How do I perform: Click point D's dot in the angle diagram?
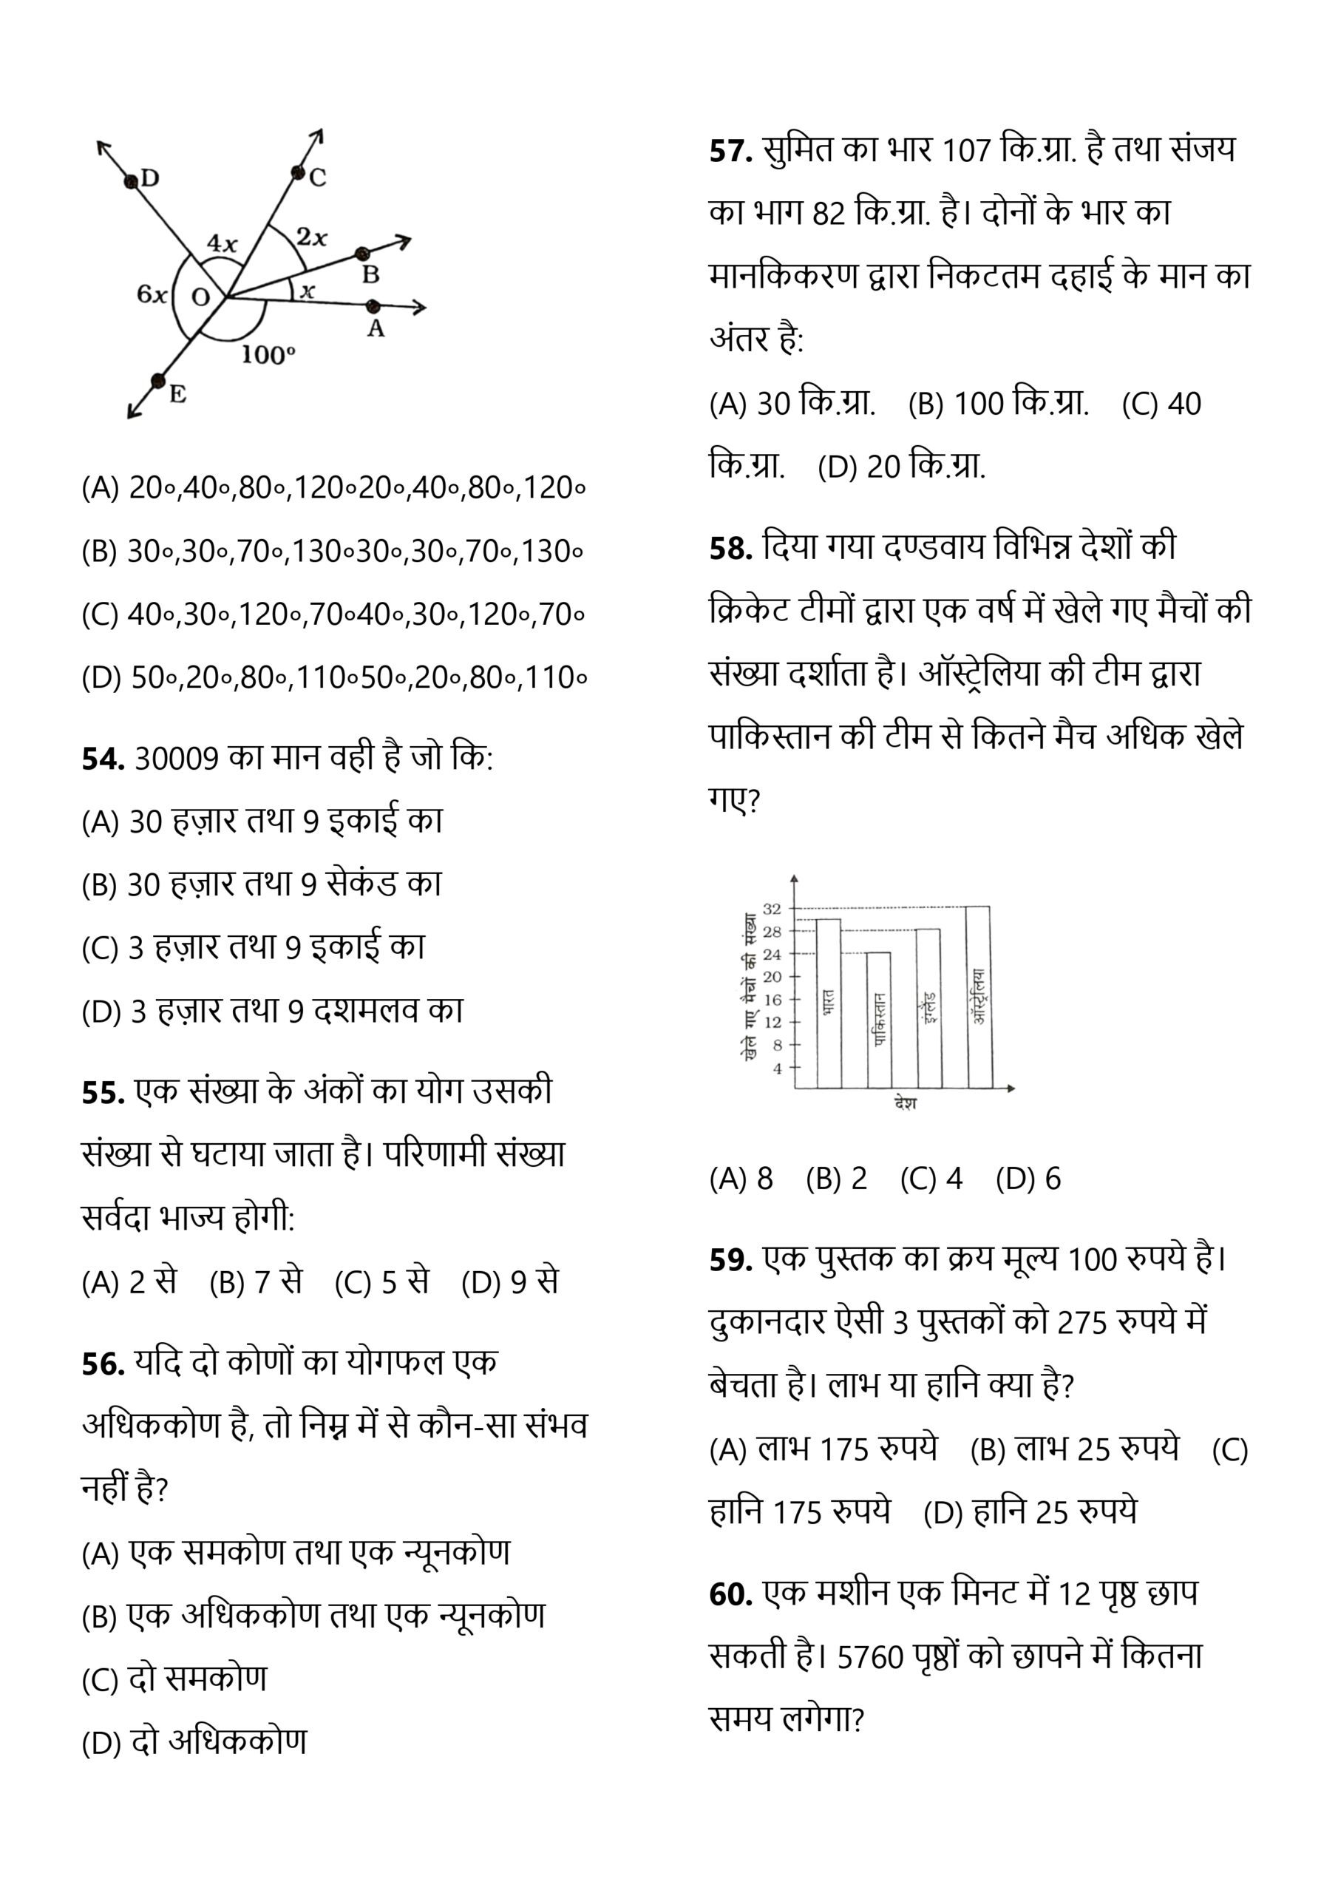pos(131,180)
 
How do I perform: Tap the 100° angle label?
pos(268,354)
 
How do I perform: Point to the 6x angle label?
pos(152,294)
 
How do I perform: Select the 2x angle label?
pos(312,237)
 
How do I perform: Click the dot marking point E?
pos(157,380)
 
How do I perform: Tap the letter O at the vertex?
pos(200,297)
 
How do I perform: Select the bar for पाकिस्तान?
pos(879,1020)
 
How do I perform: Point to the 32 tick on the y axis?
pos(772,909)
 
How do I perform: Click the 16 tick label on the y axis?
pos(772,999)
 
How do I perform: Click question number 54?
pos(103,759)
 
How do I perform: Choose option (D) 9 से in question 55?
pos(510,1281)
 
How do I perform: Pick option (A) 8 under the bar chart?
pos(740,1179)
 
